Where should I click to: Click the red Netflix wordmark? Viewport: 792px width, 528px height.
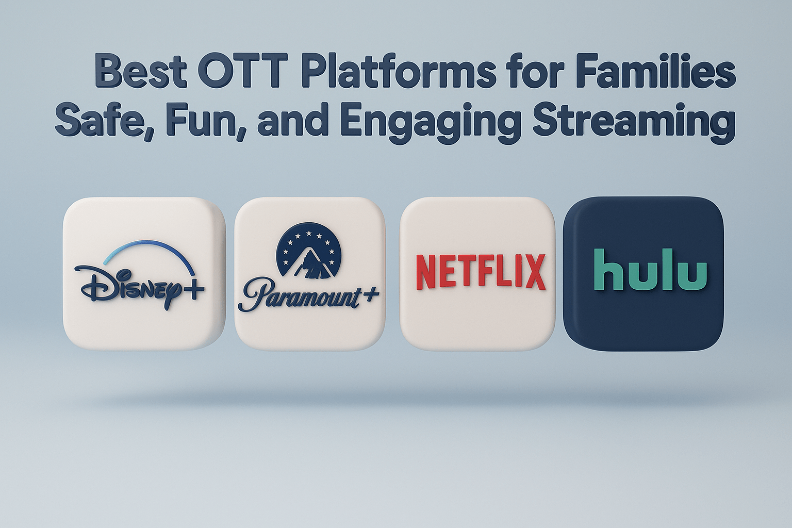480,272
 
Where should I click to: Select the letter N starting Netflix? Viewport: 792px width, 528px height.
426,272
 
